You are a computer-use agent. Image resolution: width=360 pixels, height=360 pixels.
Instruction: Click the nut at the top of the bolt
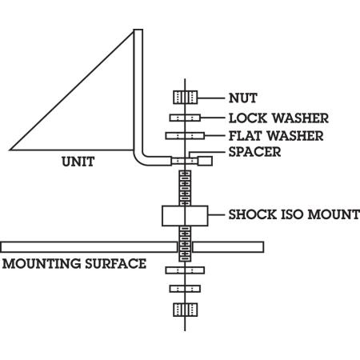tap(185, 98)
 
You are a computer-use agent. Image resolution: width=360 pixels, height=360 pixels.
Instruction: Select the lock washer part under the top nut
tap(185, 118)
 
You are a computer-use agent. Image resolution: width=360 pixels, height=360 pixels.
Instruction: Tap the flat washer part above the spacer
tap(185, 135)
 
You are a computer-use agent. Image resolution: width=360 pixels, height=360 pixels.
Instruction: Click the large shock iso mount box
tap(185, 215)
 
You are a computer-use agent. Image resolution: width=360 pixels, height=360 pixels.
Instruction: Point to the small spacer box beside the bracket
tap(205, 161)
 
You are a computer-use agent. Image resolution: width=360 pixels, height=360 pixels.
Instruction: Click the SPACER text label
tap(254, 151)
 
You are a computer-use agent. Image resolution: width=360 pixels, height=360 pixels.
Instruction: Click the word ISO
tap(291, 214)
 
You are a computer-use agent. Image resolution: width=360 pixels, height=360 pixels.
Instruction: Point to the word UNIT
tap(78, 162)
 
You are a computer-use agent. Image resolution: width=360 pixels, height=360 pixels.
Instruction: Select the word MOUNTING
tap(40, 262)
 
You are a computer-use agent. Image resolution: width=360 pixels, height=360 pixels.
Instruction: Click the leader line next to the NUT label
tap(210, 98)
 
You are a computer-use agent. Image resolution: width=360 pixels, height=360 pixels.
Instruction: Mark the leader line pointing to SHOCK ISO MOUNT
tap(215, 214)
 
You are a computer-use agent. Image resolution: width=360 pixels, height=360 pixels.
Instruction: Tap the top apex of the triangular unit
tap(134, 31)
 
